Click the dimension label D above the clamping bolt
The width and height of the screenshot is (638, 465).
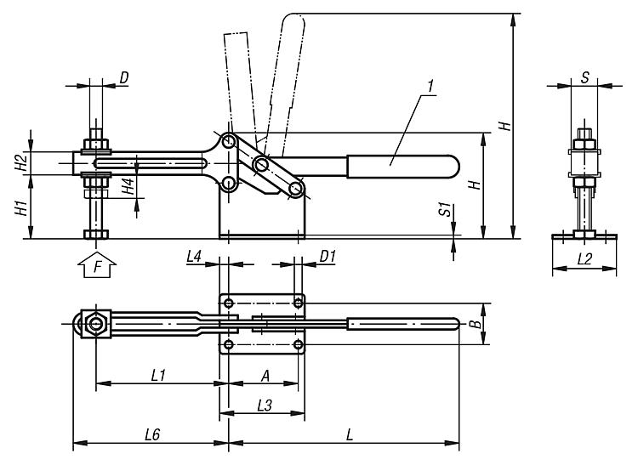(124, 77)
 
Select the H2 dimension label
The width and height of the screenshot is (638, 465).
(21, 163)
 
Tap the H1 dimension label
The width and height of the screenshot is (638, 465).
(21, 207)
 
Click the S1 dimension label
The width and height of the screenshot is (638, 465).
(446, 209)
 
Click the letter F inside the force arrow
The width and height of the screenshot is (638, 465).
(97, 267)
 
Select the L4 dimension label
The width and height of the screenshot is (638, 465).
(194, 256)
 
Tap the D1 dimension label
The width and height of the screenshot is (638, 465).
(328, 256)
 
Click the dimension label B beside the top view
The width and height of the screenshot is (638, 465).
(475, 324)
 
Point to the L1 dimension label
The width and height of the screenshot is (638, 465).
(158, 375)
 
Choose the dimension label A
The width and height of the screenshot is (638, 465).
(265, 376)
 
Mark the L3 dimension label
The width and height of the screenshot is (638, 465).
(265, 405)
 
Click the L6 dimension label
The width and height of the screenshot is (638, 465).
(152, 435)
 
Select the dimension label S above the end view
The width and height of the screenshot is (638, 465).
(584, 77)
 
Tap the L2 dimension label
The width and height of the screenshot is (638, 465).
(584, 259)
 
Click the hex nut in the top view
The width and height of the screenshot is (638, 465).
(96, 324)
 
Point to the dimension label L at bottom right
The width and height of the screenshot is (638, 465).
(349, 435)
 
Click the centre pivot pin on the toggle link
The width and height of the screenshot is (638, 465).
(261, 164)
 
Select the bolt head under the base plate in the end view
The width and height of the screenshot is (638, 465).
(584, 235)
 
